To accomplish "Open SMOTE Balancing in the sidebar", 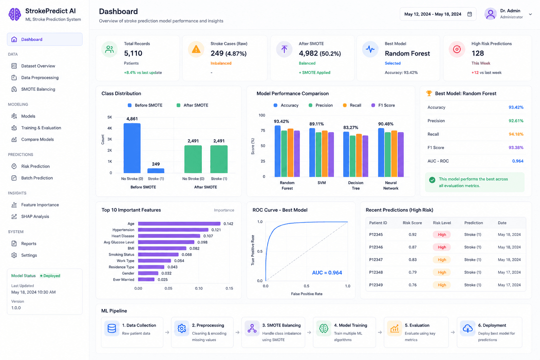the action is tap(38, 89).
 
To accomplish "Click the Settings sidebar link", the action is tap(29, 255).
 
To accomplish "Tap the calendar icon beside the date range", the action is tap(470, 14).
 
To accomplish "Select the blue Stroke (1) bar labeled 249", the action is tap(156, 171).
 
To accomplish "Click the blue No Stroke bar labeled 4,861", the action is tap(132, 148).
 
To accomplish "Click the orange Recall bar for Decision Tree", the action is tap(359, 155).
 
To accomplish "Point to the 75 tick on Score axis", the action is tap(263, 130).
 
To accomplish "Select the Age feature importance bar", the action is tap(179, 224).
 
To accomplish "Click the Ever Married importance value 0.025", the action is tap(163, 280).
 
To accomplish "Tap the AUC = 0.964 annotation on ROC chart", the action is tap(327, 273).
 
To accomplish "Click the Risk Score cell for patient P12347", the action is tap(412, 260).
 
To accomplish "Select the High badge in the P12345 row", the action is tap(442, 234).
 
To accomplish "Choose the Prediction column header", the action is tap(474, 223).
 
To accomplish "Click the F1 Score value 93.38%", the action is tap(516, 148).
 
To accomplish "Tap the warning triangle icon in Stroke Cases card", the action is tap(196, 50).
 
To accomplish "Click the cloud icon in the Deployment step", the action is tap(468, 328).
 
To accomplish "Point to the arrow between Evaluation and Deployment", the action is tap(453, 332).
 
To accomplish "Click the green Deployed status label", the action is tap(50, 276).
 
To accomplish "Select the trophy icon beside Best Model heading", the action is tap(429, 93).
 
